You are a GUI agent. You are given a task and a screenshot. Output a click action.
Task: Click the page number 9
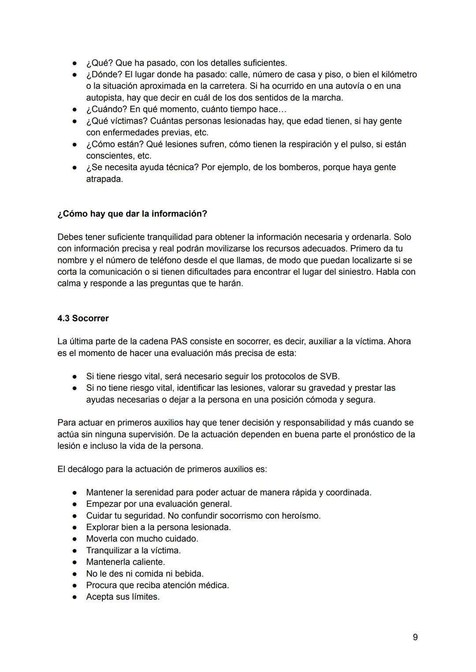coord(415,637)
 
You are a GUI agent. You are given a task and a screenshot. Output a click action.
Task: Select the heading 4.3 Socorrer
coord(83,318)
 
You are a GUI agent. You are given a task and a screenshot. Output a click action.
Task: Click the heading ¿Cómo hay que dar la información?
coord(132,214)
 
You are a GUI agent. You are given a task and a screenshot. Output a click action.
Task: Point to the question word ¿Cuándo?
coord(106,109)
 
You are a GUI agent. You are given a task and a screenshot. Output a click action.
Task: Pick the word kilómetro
coord(398,74)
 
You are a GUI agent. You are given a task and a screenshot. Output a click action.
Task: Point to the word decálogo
coord(86,469)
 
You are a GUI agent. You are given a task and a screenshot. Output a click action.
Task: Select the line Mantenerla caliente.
coord(126,562)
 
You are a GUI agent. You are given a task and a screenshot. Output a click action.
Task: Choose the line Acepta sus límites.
coord(123,597)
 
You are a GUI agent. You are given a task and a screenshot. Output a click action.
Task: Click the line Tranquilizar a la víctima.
coord(133,550)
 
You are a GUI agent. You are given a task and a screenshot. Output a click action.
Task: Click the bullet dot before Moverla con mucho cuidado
coord(76,539)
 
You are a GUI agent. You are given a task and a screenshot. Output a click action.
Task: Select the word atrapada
coord(104,179)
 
